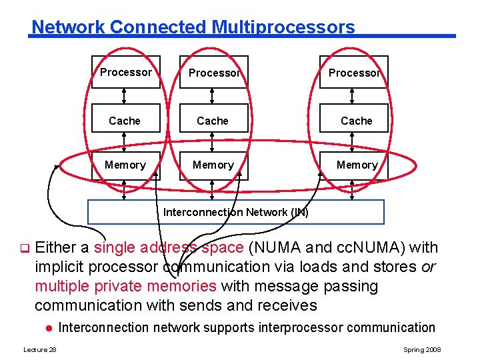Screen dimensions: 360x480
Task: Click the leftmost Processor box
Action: click(125, 72)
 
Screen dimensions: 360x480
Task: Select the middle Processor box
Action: click(213, 73)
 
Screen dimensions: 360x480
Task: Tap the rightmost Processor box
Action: click(353, 73)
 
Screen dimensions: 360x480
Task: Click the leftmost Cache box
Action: click(125, 121)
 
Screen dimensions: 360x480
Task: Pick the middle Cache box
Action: click(213, 121)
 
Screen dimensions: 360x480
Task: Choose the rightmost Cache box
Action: click(356, 121)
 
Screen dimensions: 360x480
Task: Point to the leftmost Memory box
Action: click(125, 165)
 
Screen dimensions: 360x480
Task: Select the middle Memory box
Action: click(213, 165)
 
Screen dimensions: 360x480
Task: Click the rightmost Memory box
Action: click(356, 165)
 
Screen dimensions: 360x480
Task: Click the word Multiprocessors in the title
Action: click(283, 27)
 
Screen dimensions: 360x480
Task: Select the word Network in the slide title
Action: click(69, 27)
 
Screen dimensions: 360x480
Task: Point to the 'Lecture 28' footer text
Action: click(40, 350)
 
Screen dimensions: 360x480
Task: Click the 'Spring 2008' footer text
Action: click(422, 350)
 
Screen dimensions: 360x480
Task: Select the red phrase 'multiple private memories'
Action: click(125, 287)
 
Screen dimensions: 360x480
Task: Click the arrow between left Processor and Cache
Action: click(125, 96)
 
